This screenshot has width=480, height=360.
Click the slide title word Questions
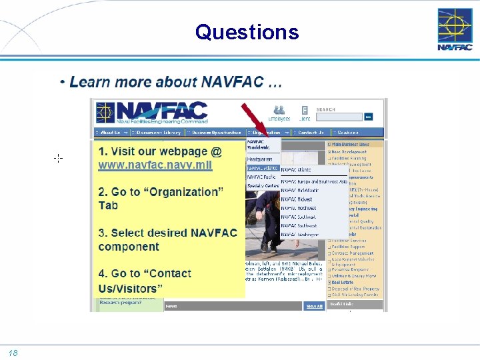coord(247,31)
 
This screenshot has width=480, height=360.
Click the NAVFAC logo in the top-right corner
coord(455,29)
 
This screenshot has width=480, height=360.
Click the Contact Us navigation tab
coord(311,133)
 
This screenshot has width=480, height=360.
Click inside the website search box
coord(339,117)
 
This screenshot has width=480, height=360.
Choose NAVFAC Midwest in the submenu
coord(297,199)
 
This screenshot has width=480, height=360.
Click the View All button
coord(314,306)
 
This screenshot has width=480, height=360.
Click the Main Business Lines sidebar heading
coord(349,144)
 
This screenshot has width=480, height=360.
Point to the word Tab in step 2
coord(108,205)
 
